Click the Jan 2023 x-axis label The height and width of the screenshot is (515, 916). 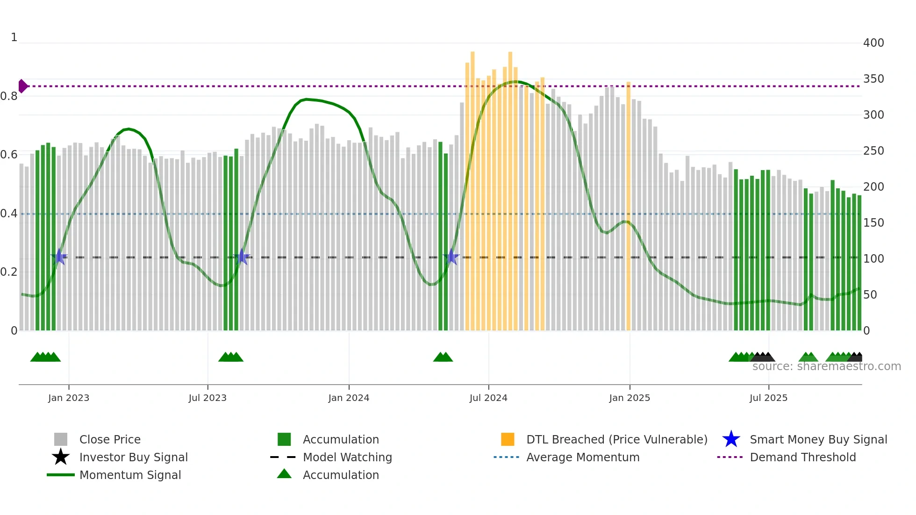pos(69,398)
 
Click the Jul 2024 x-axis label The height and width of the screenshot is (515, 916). pos(488,398)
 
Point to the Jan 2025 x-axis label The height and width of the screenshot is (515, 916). pos(630,398)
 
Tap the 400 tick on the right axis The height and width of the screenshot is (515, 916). pos(873,43)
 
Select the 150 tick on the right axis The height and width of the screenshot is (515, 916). pos(873,223)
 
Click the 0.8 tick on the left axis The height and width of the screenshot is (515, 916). pos(9,96)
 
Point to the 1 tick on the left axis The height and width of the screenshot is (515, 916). pos(14,37)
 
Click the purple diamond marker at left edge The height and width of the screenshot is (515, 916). pos(22,86)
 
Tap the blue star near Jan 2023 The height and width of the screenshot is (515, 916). pos(59,257)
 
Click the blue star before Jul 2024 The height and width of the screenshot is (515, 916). pos(451,257)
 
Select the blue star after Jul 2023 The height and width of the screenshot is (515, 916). pos(242,257)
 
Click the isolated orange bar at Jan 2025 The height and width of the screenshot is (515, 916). pos(629,206)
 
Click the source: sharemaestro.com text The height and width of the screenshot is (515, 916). pos(826,366)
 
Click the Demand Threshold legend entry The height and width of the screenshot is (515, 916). pos(802,457)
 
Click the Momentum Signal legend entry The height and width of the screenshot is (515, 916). pos(130,475)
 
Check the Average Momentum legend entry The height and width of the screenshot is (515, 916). pos(582,457)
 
